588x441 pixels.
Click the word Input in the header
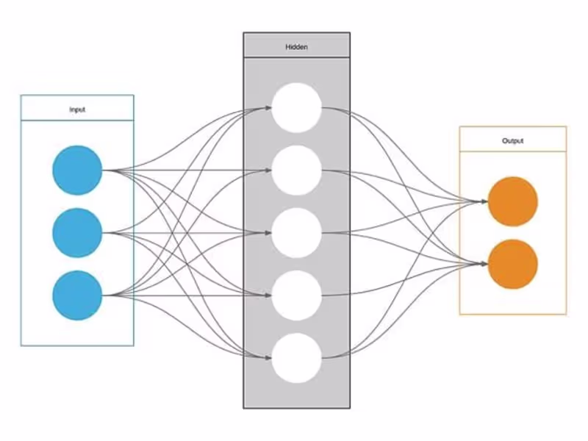point(77,110)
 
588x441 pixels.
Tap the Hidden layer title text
point(296,47)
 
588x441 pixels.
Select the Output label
point(513,140)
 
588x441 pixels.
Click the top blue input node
point(76,171)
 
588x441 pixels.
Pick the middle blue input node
point(76,233)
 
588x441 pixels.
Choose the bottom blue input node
point(76,295)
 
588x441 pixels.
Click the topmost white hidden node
point(296,108)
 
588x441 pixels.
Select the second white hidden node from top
point(296,171)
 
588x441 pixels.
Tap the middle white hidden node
point(296,233)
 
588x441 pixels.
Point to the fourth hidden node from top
point(296,295)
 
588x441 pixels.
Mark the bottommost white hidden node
point(296,358)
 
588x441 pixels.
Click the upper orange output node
point(513,201)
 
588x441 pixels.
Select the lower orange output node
point(513,264)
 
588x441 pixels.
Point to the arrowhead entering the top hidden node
point(267,109)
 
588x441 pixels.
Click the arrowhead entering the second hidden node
point(267,171)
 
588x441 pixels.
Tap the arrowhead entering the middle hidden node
point(267,234)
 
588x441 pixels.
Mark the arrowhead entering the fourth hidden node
point(267,296)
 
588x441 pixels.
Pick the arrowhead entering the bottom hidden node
point(267,359)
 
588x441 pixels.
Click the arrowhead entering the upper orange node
point(484,202)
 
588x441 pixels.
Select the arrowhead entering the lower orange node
point(484,265)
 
